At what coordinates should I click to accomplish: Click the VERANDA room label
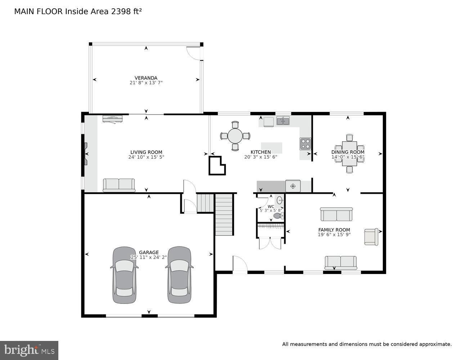click(x=146, y=78)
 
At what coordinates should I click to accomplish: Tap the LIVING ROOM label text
click(x=146, y=152)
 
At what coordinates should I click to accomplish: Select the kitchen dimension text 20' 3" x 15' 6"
click(x=260, y=157)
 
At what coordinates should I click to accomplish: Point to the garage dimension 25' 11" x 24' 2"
click(x=149, y=257)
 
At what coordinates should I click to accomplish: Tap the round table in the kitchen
click(x=235, y=136)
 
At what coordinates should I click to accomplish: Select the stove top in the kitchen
click(x=305, y=144)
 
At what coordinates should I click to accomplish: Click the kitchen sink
click(x=283, y=121)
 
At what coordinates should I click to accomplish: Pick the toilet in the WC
click(x=278, y=216)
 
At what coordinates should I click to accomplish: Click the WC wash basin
click(x=280, y=199)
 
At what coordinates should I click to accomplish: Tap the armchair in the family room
click(x=371, y=237)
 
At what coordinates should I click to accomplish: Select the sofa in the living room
click(x=119, y=185)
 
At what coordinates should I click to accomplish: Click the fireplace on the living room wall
click(x=85, y=154)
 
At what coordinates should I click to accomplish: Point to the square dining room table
click(x=349, y=154)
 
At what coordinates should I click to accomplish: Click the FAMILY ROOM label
click(x=334, y=230)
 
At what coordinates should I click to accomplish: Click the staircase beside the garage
click(x=224, y=215)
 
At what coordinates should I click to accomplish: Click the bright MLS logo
click(x=29, y=350)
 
